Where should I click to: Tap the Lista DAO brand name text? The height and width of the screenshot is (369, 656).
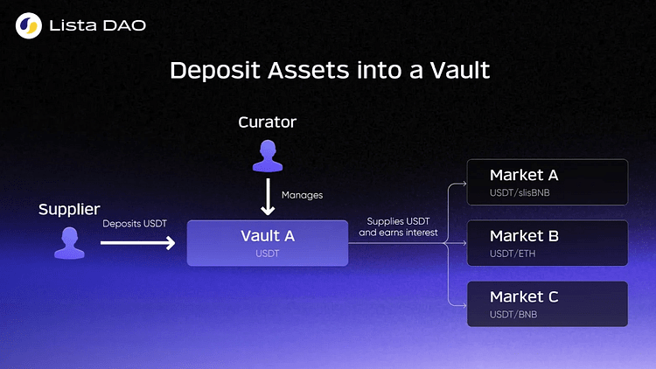pos(99,26)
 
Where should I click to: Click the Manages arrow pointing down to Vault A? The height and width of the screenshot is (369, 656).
pos(268,197)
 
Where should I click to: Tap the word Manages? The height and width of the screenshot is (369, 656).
pos(302,195)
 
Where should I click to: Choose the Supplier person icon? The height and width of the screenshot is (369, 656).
pos(68,242)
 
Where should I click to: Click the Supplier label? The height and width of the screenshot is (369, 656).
pos(68,210)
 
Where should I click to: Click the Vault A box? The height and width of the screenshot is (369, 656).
pos(268,242)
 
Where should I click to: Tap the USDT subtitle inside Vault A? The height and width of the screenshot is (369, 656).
pos(267,254)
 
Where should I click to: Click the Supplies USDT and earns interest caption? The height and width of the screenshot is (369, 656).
pos(398,227)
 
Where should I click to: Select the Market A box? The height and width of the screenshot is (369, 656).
pos(547,182)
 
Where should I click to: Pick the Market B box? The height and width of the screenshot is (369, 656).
pos(547,243)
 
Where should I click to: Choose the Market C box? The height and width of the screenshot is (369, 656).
pos(547,304)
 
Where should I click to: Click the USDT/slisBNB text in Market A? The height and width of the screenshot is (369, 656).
pos(520,192)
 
